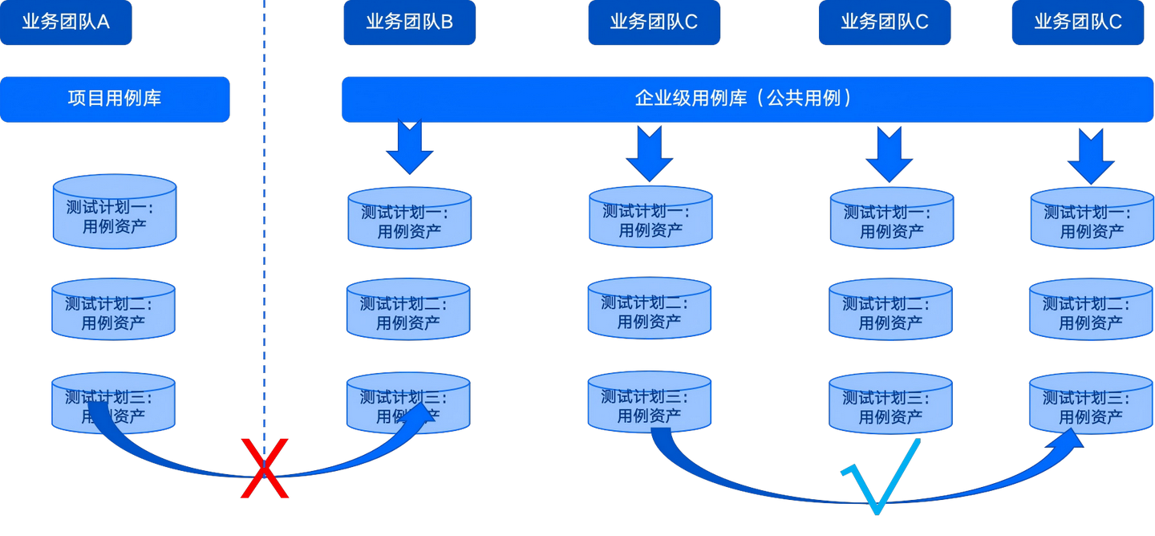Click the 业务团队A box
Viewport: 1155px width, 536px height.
pos(66,22)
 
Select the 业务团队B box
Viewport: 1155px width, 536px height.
pos(409,22)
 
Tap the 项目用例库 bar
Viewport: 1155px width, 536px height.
pos(115,99)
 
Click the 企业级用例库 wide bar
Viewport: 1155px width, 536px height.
pos(746,99)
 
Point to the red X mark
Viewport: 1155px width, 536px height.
pos(265,469)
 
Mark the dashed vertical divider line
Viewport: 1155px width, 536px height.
pos(263,241)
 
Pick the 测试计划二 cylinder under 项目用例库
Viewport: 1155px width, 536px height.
pos(113,309)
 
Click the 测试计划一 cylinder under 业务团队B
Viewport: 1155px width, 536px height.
pos(409,217)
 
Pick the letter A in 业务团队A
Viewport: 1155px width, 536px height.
pos(103,22)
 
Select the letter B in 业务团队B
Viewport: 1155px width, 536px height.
pos(447,22)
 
